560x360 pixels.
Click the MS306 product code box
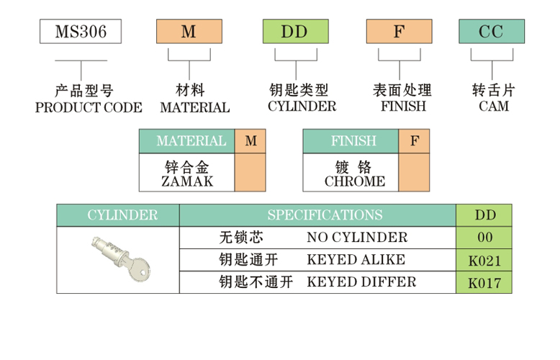click(80, 32)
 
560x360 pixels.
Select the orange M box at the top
click(189, 32)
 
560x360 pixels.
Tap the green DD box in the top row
click(294, 32)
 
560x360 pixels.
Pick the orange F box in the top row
click(399, 32)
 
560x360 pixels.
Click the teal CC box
click(492, 32)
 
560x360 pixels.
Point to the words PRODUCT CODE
click(89, 107)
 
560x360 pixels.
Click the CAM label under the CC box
click(493, 107)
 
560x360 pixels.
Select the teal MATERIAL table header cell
click(187, 141)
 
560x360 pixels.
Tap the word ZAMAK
click(187, 181)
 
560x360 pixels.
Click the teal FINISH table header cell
click(351, 141)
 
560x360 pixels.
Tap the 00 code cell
click(484, 238)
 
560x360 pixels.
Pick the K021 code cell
click(484, 261)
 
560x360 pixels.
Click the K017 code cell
click(484, 283)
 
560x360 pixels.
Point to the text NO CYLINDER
click(357, 238)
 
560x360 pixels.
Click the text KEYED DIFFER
click(361, 282)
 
